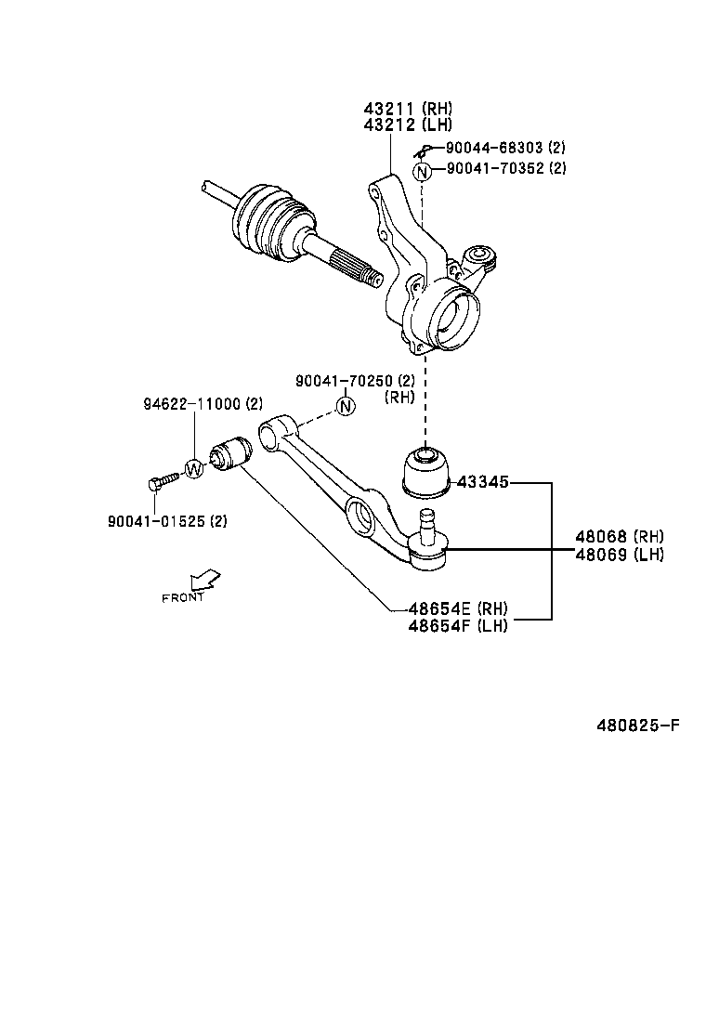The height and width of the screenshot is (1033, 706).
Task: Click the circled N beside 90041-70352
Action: point(423,171)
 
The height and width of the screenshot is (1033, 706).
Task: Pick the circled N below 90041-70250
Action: point(345,406)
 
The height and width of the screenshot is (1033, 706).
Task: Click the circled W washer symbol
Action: point(193,468)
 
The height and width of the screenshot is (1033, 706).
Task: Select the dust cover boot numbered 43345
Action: point(424,473)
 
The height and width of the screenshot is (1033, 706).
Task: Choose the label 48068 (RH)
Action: point(619,537)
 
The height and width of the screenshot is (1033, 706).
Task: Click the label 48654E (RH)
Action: point(458,609)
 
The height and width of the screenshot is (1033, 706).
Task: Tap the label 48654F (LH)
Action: point(458,625)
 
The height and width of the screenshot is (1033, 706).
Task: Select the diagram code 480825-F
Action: point(637,724)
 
